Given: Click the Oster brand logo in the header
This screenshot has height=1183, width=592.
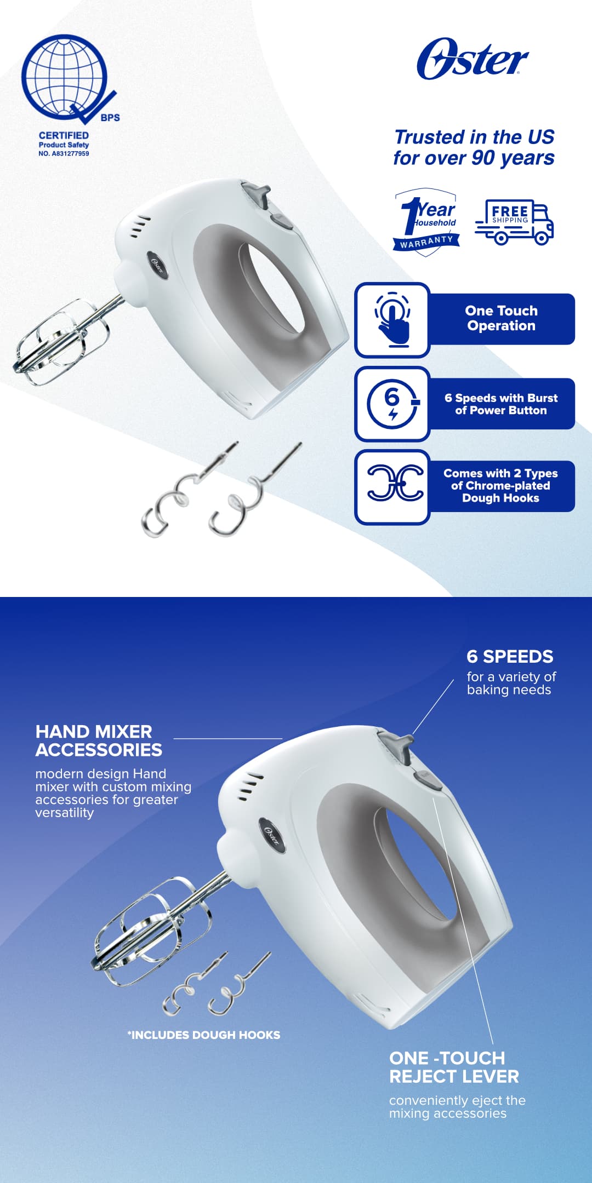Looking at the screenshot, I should [472, 59].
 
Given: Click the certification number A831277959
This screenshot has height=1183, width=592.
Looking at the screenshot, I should [64, 154].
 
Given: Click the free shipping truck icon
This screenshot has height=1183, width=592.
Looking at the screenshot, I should [514, 222].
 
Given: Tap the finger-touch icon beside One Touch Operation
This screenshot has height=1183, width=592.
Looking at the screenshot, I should [392, 320].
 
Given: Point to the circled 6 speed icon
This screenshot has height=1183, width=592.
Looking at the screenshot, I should [392, 403].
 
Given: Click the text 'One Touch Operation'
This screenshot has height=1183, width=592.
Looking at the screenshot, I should [501, 318].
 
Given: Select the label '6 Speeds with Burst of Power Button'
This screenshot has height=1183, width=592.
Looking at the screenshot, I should [501, 404].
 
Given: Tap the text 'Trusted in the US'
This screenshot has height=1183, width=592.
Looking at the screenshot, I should [474, 137].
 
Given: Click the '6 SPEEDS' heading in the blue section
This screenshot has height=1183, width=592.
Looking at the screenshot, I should [510, 656].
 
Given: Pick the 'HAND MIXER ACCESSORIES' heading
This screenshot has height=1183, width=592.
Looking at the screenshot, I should [99, 740].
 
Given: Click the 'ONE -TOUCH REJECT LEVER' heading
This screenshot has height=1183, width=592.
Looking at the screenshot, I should [454, 1067].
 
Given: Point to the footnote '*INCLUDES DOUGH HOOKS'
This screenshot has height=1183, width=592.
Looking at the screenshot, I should [204, 1035].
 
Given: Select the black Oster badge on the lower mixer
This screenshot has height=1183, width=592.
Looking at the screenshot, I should [272, 835].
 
